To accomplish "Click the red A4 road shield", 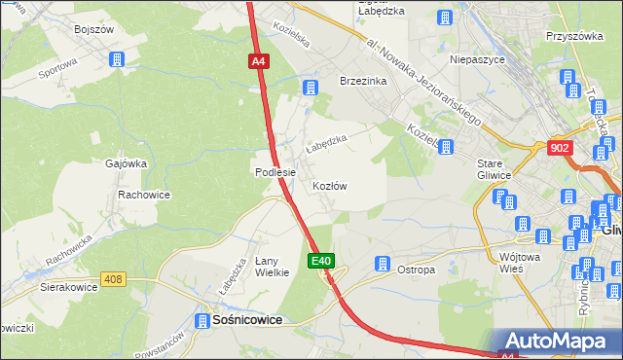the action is point(257,61).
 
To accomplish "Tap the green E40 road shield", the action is point(323,261).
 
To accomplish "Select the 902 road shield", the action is point(559,148).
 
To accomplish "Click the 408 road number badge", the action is point(113,280).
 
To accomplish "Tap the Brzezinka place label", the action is point(363,82).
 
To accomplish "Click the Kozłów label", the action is point(330,185).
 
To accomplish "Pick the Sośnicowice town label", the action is point(241,320).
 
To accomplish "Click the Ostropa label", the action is point(416,270).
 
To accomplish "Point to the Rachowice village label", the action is point(144,195).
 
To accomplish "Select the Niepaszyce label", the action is point(475,58).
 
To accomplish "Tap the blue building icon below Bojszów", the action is point(119,59).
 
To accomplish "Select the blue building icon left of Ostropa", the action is point(383,265).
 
